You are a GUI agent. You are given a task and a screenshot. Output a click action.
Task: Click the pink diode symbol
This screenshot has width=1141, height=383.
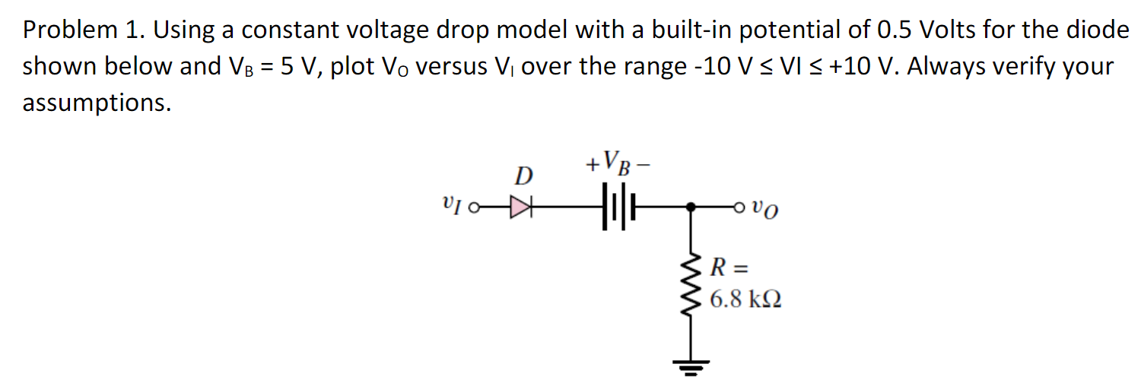[520, 206]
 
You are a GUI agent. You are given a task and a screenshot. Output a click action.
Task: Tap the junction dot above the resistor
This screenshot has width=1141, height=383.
[690, 206]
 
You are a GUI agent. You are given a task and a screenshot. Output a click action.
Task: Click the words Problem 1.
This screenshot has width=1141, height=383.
[84, 30]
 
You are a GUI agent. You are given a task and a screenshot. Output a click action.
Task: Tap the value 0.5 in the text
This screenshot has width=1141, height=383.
[895, 30]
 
